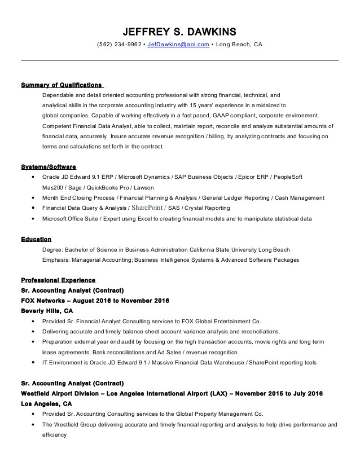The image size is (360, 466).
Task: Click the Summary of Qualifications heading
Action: pos(62,85)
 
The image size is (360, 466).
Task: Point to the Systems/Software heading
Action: pos(48,167)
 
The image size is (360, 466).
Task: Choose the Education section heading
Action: pos(36,239)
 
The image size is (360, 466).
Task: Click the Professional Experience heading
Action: pos(58,280)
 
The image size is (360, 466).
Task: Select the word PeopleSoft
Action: pos(289,177)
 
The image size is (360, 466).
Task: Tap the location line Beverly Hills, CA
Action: pos(47,311)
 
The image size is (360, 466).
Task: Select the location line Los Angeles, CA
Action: pos(46,404)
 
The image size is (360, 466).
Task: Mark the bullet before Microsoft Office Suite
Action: pos(34,218)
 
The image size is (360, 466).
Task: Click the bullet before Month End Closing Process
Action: pos(34,197)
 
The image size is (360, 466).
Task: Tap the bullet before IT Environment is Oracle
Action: pos(34,362)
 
